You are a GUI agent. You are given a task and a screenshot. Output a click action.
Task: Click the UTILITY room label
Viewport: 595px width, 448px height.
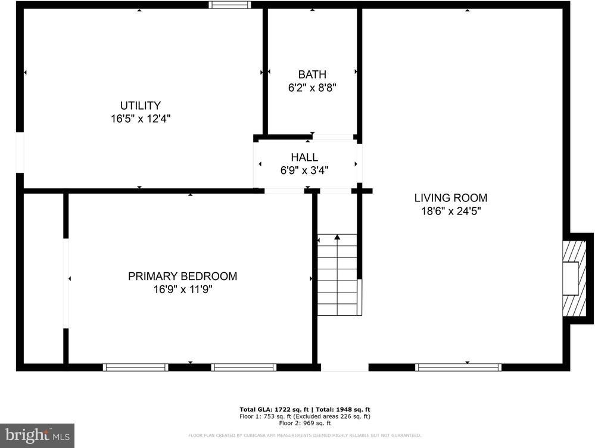[141, 105]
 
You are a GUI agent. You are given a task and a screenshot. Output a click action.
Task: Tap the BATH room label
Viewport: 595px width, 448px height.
[312, 74]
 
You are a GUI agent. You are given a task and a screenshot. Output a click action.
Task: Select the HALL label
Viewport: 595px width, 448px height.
[304, 157]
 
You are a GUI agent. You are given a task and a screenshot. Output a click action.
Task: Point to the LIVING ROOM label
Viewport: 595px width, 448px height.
[451, 198]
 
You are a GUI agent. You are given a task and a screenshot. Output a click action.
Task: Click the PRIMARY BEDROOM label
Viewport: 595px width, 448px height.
[182, 276]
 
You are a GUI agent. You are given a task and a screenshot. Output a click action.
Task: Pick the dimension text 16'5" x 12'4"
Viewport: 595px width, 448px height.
[141, 119]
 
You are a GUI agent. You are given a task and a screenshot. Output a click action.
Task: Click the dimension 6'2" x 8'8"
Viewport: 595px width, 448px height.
[312, 87]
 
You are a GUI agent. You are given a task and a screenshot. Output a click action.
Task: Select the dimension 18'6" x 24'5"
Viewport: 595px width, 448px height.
[451, 211]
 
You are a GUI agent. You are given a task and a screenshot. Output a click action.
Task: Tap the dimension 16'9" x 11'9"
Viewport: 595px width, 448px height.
[182, 290]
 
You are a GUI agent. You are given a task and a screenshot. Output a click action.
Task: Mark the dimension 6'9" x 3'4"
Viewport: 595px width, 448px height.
[304, 170]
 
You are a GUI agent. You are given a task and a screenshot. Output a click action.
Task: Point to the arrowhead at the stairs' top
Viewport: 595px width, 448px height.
[337, 237]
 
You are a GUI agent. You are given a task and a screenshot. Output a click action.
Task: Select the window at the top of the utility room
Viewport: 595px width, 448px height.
[230, 5]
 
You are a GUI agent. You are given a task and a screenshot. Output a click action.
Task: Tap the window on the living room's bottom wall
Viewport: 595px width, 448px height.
[458, 367]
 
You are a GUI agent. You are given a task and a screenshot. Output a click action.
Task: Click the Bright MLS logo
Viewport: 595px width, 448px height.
[36, 435]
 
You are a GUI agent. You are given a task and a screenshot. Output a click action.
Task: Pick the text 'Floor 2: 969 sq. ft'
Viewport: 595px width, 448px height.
[304, 423]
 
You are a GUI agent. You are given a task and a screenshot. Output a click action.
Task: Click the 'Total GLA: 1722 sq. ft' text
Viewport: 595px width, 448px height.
[273, 409]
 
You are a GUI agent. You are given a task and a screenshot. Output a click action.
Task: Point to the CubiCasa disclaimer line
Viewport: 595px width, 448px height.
[304, 435]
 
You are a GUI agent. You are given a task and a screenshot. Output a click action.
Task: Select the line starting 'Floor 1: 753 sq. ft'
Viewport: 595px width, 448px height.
[304, 416]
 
